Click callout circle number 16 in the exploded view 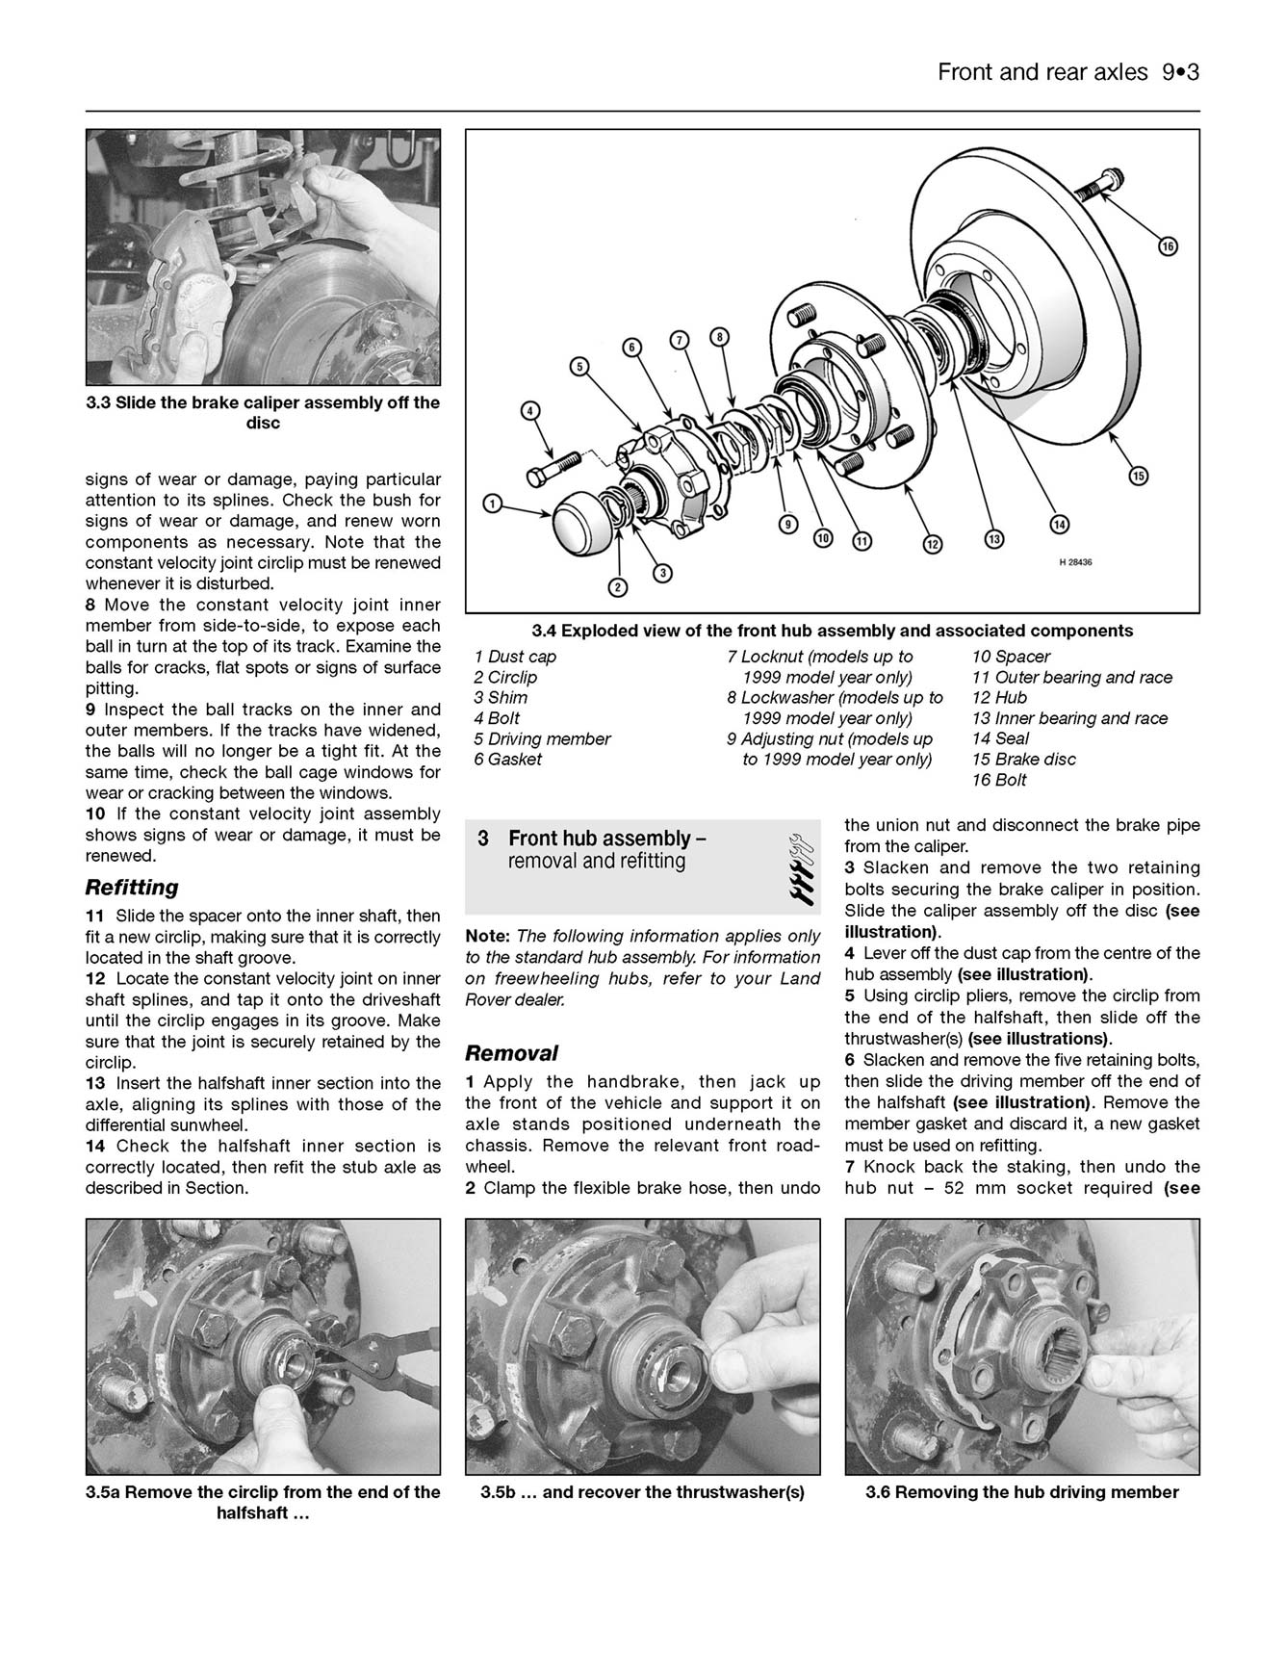coord(1167,247)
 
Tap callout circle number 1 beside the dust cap coord(492,504)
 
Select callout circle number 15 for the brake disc coord(1139,476)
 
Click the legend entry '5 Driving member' coord(541,738)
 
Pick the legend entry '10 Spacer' coord(1011,657)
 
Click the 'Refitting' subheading coord(132,887)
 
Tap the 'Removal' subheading coord(511,1052)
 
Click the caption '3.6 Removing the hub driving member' coord(1021,1492)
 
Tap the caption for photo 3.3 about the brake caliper coord(263,412)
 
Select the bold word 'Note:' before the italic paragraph coord(488,936)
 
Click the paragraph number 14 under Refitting coord(94,1146)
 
